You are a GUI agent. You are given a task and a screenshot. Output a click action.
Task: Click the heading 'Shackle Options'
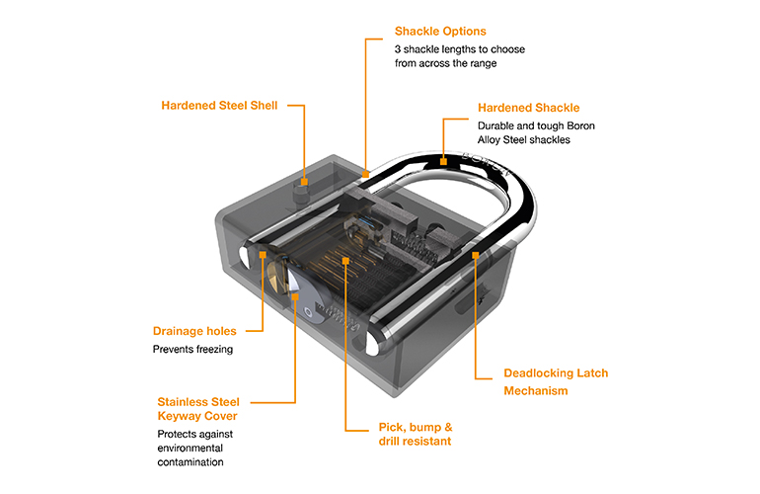(x=440, y=31)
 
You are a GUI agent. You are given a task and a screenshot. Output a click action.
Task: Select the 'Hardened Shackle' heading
(x=528, y=107)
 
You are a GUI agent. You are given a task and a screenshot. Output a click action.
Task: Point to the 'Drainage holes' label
(x=194, y=331)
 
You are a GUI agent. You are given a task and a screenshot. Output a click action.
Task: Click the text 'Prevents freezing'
(x=192, y=349)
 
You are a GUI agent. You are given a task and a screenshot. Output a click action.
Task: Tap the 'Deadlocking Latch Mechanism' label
(x=556, y=381)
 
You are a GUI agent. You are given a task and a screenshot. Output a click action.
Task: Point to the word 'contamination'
(x=190, y=461)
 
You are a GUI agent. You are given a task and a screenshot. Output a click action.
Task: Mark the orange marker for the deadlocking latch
(x=477, y=255)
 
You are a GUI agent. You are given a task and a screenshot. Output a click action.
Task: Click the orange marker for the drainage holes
(x=265, y=255)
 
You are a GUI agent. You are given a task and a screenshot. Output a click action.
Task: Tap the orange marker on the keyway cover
(x=295, y=293)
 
